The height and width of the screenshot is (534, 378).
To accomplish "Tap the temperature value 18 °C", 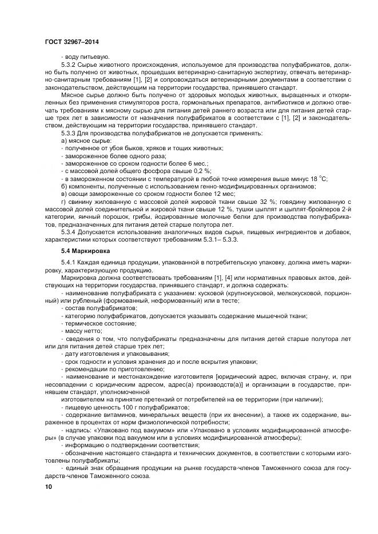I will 319,178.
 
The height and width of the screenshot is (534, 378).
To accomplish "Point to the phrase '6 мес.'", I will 182,163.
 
